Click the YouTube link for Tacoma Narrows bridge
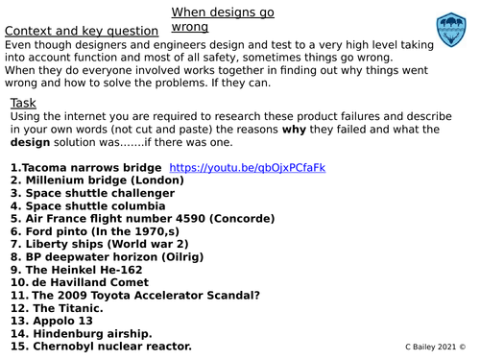pos(247,168)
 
